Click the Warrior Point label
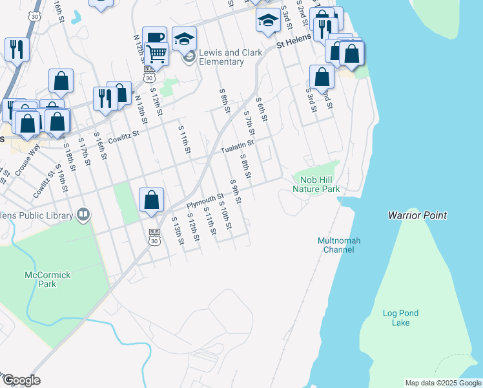[417, 215]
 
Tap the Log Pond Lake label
[400, 318]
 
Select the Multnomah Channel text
[339, 245]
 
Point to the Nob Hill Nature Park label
[316, 184]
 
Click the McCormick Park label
[47, 279]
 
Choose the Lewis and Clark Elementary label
[221, 57]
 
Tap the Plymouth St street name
[205, 200]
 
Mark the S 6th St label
[262, 109]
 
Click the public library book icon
[83, 213]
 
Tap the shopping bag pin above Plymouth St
[151, 200]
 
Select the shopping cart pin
[157, 54]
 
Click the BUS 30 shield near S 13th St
[154, 237]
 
